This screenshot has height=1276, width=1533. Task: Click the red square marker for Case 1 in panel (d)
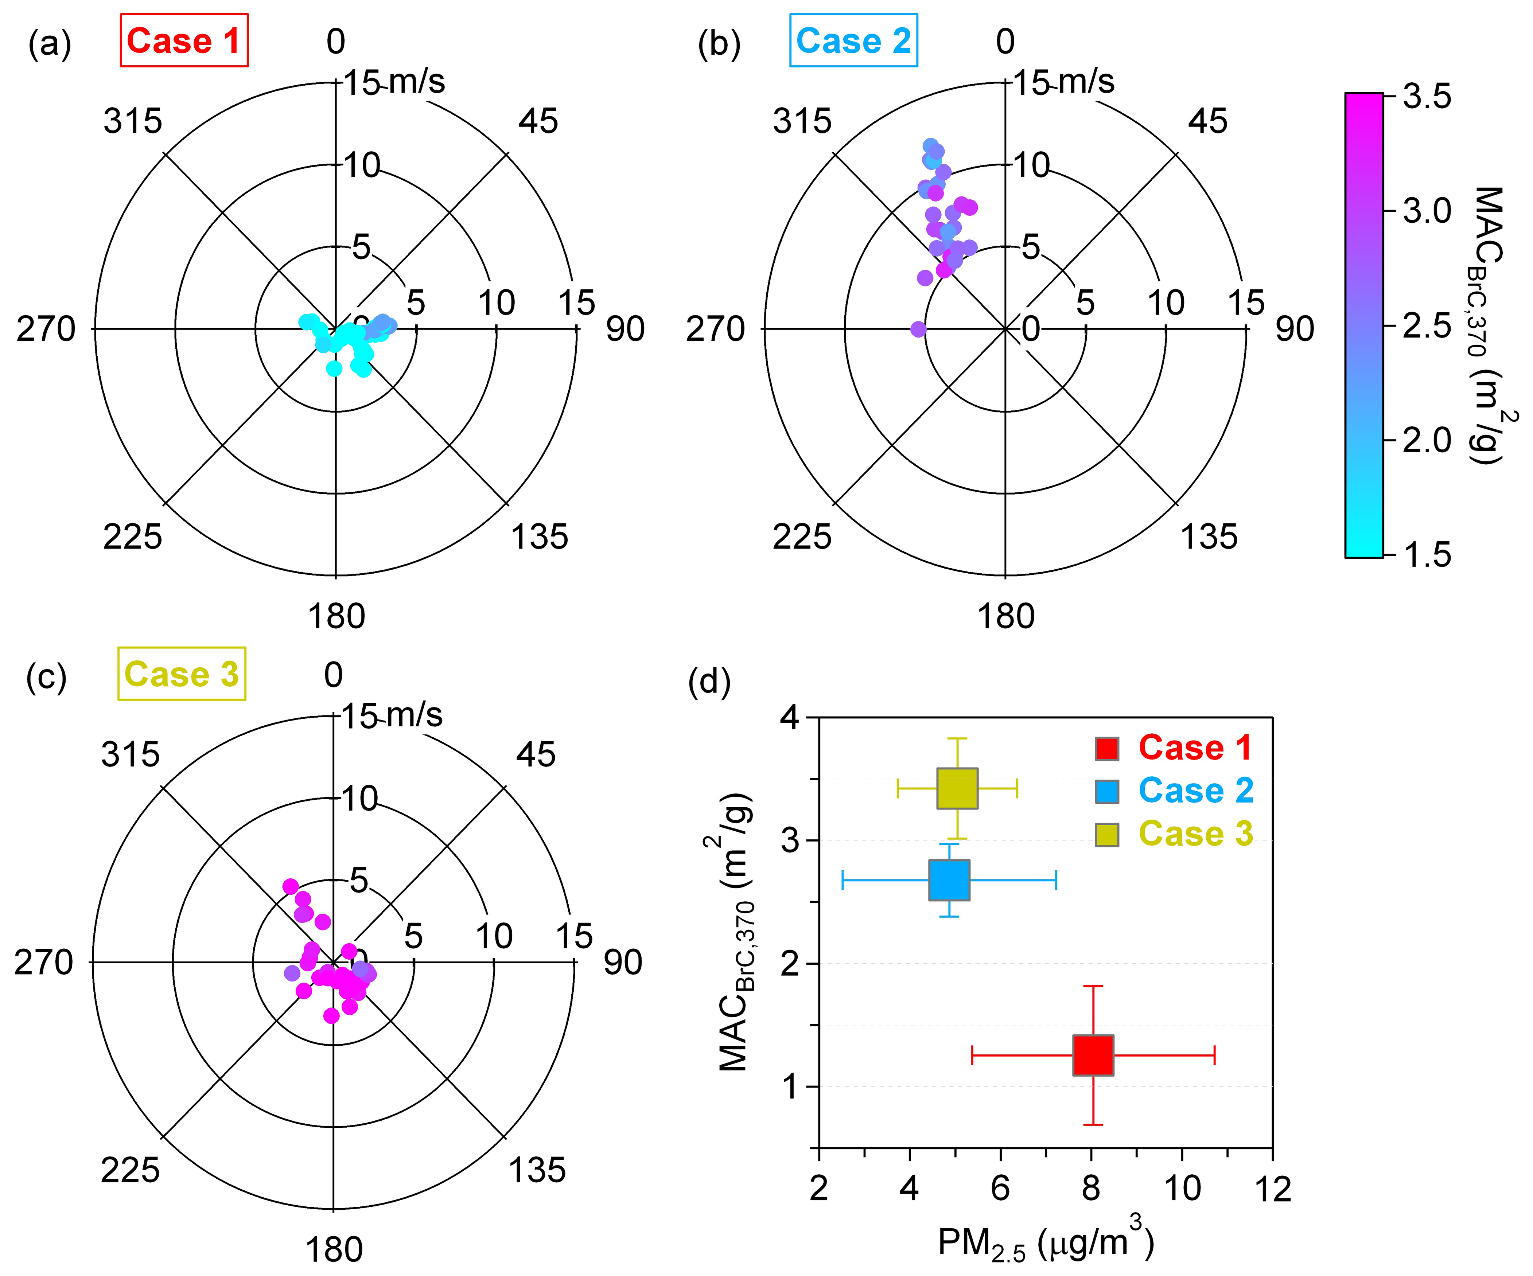coord(1093,1055)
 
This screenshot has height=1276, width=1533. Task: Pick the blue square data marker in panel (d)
coord(949,879)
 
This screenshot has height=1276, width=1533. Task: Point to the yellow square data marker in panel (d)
coord(957,788)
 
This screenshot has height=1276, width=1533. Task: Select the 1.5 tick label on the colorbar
coord(1427,555)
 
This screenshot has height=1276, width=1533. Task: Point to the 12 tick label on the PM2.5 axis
coord(1272,1189)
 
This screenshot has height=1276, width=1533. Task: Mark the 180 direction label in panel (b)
coord(1006,617)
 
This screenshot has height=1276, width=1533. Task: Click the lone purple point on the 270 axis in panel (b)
coord(918,329)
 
